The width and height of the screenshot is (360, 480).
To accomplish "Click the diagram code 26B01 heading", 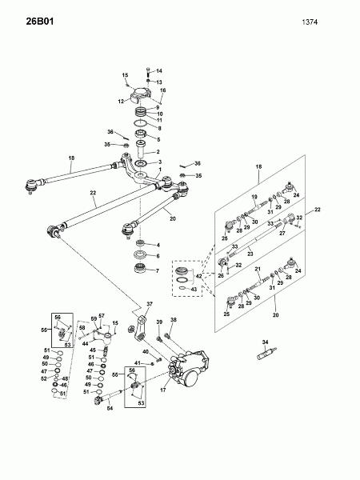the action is click(40, 22).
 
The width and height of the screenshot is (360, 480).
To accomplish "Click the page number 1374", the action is click(310, 22).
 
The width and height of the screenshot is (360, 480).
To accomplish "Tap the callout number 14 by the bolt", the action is click(159, 71).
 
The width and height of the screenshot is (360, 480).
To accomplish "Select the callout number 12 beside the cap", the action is click(122, 101).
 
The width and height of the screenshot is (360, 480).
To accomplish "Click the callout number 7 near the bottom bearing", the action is click(158, 271).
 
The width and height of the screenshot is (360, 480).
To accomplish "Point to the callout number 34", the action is click(265, 342).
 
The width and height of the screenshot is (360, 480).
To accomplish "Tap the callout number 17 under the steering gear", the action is click(163, 390).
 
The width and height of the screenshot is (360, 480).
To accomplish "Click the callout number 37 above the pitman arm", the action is click(150, 304).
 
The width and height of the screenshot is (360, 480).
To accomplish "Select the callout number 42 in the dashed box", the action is click(198, 277).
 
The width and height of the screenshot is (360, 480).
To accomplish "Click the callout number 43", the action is click(194, 290).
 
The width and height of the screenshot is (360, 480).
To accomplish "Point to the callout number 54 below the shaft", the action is click(110, 408).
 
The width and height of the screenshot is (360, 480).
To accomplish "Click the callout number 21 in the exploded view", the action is click(258, 269).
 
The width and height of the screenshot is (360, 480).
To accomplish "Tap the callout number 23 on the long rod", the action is click(250, 254).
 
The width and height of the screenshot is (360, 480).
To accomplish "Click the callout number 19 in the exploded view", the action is click(254, 197).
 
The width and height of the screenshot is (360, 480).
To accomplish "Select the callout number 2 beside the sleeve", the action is click(158, 152).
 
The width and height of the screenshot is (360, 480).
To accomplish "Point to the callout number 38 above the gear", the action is click(174, 320).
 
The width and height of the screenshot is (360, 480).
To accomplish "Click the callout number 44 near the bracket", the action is click(86, 344).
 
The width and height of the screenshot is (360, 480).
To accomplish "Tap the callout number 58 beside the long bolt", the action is click(82, 328).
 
